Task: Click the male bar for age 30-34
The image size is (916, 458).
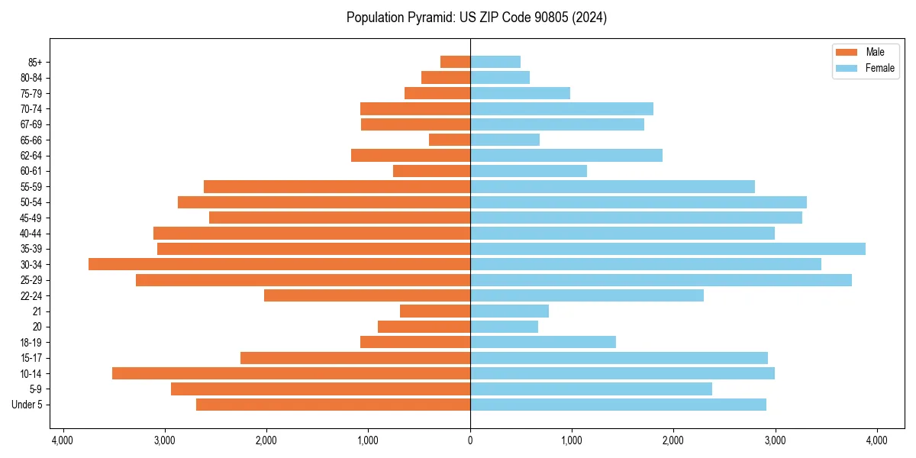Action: pos(279,264)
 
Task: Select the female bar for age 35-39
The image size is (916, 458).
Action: pos(668,249)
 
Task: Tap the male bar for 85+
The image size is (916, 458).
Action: pos(455,62)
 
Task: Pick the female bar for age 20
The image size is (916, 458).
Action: pos(504,327)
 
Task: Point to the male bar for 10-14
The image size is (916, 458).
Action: pos(291,373)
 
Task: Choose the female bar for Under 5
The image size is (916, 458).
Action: pos(618,405)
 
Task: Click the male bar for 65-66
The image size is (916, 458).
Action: pos(450,140)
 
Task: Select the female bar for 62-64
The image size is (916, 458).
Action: pos(566,156)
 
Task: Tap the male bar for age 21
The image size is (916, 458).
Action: pos(435,311)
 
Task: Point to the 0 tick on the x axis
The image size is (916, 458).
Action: pos(470,440)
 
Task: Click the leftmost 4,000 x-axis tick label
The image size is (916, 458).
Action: pos(63,440)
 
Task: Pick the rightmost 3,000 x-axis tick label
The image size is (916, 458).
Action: pos(775,440)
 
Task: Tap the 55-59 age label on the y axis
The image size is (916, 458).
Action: pos(31,187)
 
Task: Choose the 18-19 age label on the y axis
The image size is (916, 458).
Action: pos(31,343)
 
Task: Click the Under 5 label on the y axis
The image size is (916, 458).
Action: pos(27,405)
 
